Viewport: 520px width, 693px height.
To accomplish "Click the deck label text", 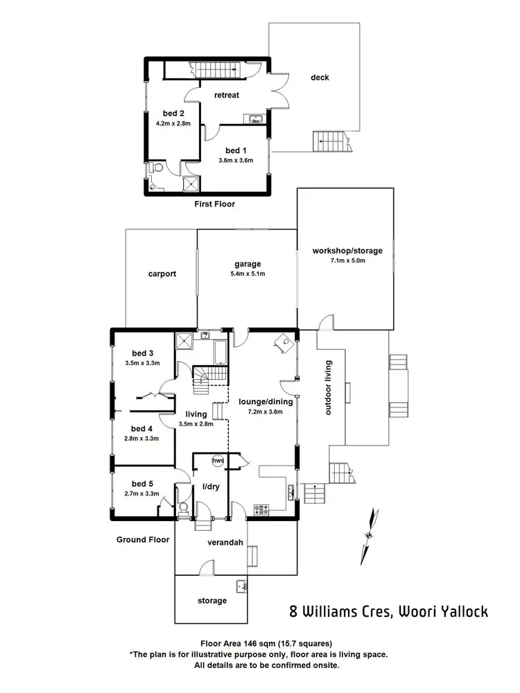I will point(320,78).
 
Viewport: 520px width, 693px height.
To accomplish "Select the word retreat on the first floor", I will point(227,95).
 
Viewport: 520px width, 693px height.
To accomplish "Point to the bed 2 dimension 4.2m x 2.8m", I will point(173,124).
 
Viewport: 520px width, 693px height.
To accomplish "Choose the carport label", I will point(162,274).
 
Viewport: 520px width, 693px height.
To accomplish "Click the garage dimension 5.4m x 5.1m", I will point(247,274).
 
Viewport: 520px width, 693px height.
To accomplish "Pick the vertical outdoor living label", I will point(329,388).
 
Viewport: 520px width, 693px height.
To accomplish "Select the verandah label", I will point(225,543).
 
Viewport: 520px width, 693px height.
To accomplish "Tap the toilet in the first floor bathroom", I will point(157,167).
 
